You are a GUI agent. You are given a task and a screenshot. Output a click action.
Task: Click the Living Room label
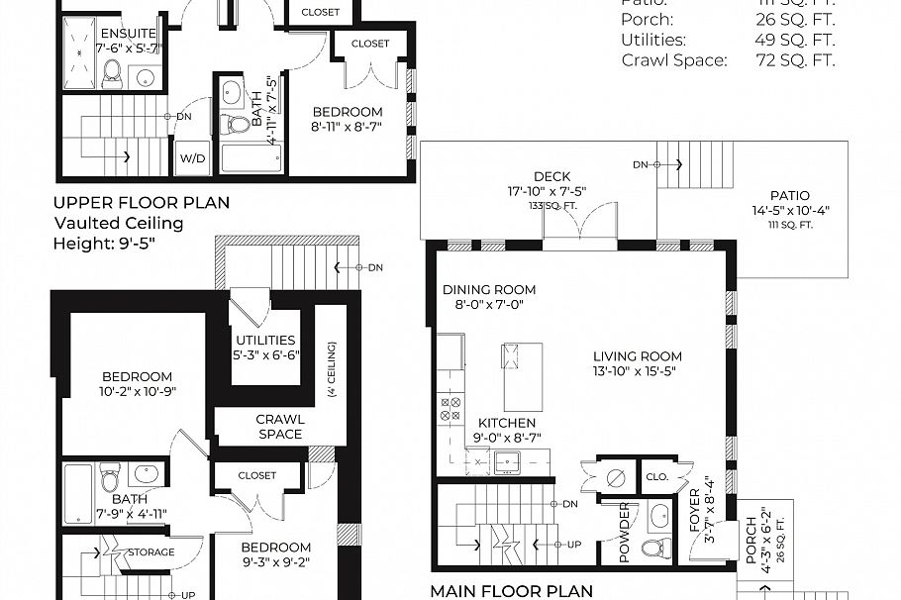tap(637, 356)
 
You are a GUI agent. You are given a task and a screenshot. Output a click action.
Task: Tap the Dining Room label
tap(489, 289)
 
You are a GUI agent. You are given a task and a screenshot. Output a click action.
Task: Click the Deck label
tap(551, 177)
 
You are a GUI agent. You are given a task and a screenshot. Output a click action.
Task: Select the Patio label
tap(789, 196)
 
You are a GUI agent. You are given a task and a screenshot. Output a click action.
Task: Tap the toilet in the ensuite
tap(111, 71)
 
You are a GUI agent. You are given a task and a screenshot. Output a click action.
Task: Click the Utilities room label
tap(265, 340)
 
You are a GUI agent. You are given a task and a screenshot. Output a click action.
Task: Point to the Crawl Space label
tap(280, 426)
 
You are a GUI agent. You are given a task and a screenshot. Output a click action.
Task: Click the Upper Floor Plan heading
tap(142, 203)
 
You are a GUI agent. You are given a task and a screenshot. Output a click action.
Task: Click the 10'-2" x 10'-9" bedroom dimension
tap(137, 392)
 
